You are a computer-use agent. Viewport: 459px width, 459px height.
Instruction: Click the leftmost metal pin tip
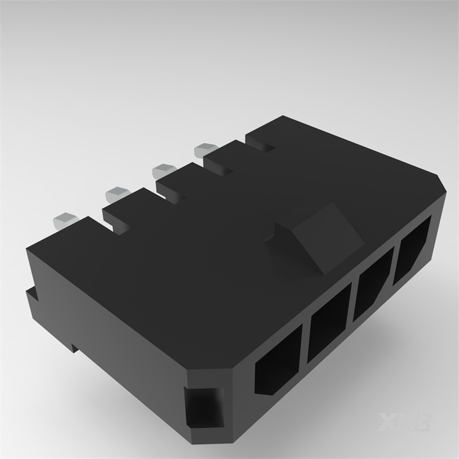click(63, 218)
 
